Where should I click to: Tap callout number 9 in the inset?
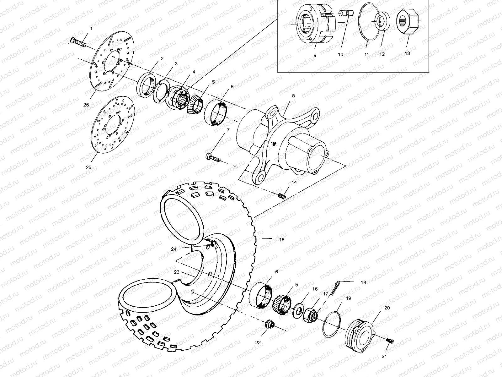[x=315, y=55]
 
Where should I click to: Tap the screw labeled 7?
[x=213, y=157]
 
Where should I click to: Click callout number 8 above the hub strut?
[x=293, y=96]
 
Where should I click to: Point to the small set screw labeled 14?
[x=281, y=196]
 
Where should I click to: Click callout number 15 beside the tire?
[x=281, y=240]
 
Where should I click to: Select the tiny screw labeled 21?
[x=391, y=341]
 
